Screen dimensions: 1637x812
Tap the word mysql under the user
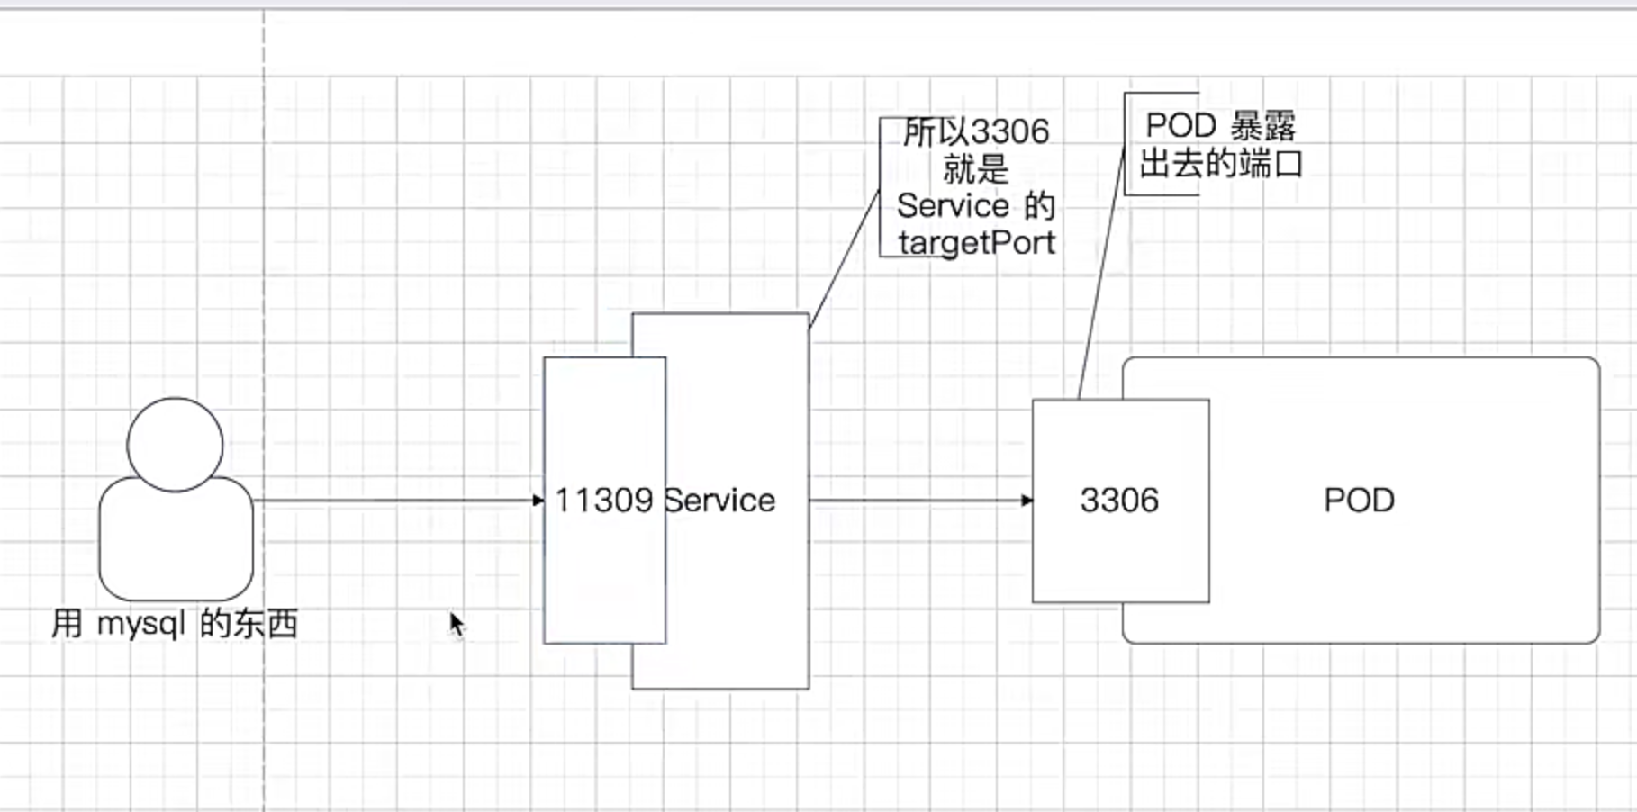click(x=141, y=624)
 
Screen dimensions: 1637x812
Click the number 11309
click(x=603, y=501)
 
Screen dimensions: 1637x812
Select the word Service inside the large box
click(x=719, y=501)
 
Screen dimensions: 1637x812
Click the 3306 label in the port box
click(x=1119, y=501)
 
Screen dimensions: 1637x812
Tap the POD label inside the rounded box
click(x=1359, y=501)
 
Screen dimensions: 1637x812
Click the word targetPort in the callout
click(x=976, y=243)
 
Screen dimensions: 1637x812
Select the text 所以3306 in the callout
click(x=976, y=132)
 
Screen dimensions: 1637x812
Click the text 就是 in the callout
click(x=976, y=169)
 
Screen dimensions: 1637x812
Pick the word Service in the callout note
click(x=953, y=206)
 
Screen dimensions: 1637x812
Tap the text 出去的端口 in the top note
click(x=1221, y=164)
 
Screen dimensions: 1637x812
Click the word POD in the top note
click(x=1180, y=126)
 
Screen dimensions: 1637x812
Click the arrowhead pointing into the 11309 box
click(x=538, y=501)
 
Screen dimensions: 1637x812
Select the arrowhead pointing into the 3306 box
click(x=1027, y=501)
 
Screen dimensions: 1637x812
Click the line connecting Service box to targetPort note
click(x=845, y=258)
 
